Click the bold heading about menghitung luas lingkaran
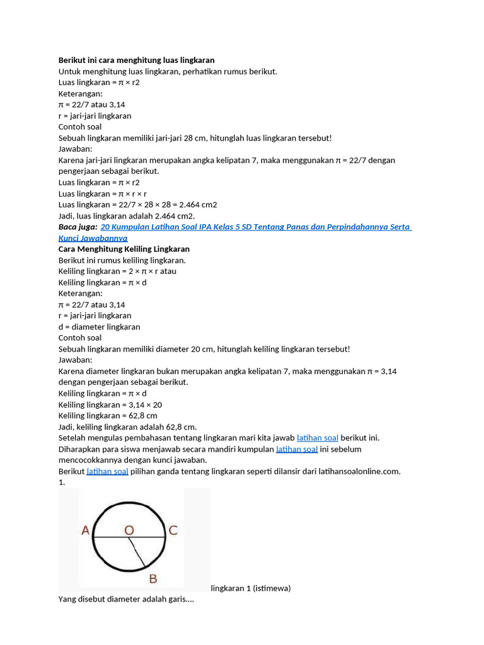(x=136, y=60)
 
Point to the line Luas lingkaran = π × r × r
(x=103, y=193)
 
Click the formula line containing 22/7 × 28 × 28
(x=137, y=205)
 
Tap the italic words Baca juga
(x=78, y=227)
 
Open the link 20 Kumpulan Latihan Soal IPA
(x=255, y=227)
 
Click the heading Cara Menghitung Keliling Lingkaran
(x=124, y=249)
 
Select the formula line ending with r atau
(x=117, y=271)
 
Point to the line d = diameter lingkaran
(x=99, y=327)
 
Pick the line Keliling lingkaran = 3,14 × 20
(x=110, y=404)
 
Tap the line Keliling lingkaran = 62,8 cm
(x=108, y=416)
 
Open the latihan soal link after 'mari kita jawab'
(x=318, y=438)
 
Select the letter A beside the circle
(x=86, y=531)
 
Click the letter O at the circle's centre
(x=129, y=531)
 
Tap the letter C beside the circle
(x=173, y=531)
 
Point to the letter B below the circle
(x=153, y=579)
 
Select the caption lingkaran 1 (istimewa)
(x=251, y=588)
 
